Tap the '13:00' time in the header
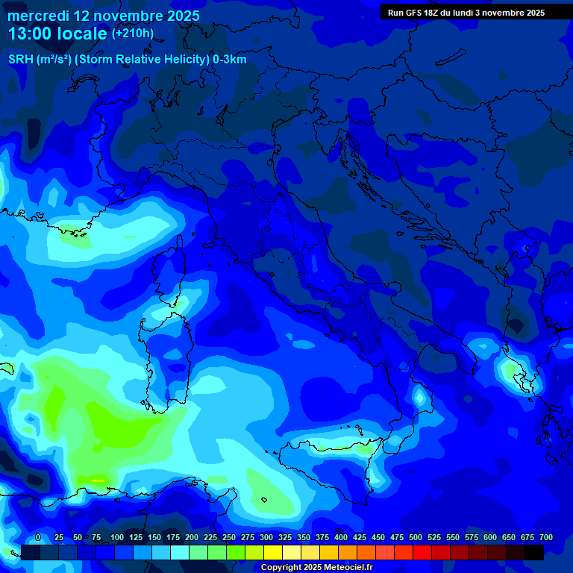click(x=29, y=34)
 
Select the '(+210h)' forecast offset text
click(x=132, y=34)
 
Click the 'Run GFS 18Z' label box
click(x=466, y=13)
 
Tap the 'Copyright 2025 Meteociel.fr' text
click(x=316, y=568)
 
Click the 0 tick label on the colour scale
click(x=38, y=538)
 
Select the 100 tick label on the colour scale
click(x=117, y=538)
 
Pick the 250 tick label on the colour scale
click(x=229, y=538)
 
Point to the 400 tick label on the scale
click(x=341, y=538)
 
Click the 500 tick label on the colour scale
click(x=416, y=538)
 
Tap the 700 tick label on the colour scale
click(x=546, y=538)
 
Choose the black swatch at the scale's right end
click(x=534, y=552)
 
